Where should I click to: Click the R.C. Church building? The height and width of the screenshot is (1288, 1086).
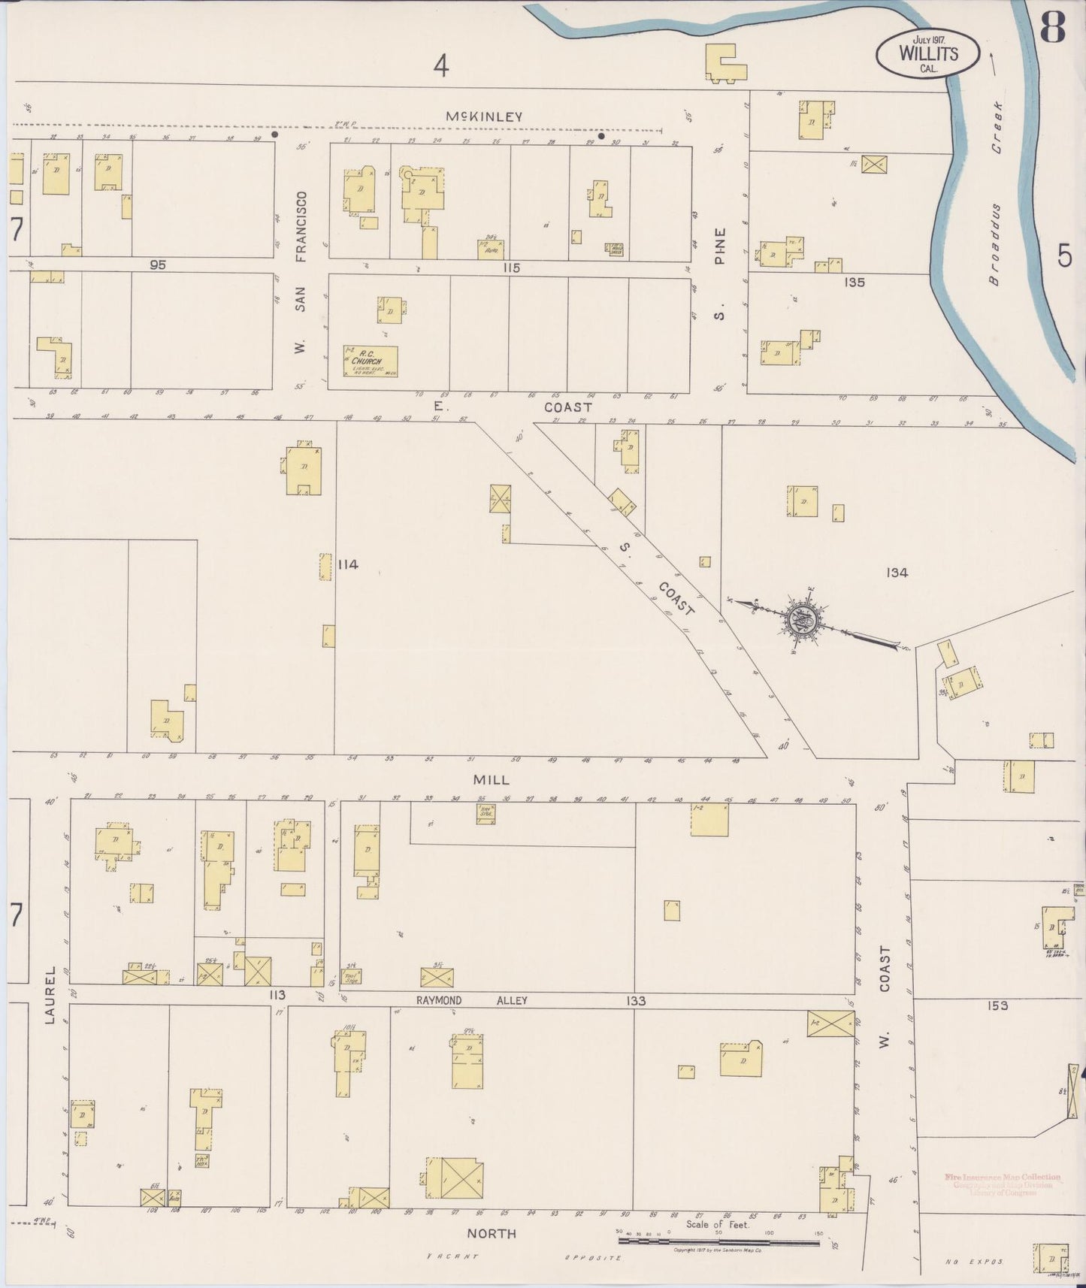tap(371, 361)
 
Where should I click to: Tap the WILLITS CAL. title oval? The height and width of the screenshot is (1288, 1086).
tap(927, 54)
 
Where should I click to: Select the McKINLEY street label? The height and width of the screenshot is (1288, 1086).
tap(483, 116)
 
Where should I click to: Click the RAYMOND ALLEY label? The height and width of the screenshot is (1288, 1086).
tap(472, 1000)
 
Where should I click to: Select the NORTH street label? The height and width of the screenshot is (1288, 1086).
tap(492, 1233)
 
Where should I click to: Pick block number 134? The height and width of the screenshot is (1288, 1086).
tap(897, 573)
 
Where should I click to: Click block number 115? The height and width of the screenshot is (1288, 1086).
tap(512, 268)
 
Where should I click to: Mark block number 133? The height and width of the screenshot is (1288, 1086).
tap(636, 1000)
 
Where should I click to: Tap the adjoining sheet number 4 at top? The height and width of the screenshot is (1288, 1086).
tap(441, 66)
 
